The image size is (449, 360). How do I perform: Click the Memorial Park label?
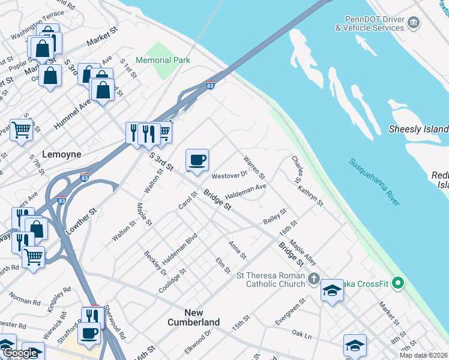tap(163, 60)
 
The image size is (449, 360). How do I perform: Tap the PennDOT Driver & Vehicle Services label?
tap(369, 23)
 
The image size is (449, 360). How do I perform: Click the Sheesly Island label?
tap(418, 129)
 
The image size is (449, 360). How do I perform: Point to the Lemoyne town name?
tap(62, 154)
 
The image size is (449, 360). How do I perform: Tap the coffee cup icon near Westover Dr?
tap(197, 160)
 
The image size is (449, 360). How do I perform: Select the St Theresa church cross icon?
tap(313, 278)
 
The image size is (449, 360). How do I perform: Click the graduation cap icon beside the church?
tap(332, 291)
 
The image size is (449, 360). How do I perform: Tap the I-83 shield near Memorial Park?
tap(210, 85)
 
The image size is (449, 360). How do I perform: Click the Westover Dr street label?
tap(229, 175)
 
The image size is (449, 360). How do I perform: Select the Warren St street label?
tap(254, 167)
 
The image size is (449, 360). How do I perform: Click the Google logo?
tap(20, 353)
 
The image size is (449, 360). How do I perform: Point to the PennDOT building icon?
tap(414, 23)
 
